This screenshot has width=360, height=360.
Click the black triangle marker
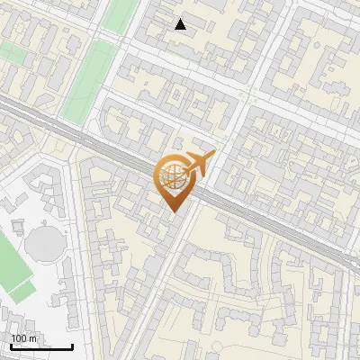click(x=181, y=24)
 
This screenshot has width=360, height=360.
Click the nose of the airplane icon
click(x=212, y=156)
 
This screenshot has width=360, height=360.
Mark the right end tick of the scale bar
click(x=71, y=344)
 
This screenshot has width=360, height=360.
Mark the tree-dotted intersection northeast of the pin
click(x=245, y=94)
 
